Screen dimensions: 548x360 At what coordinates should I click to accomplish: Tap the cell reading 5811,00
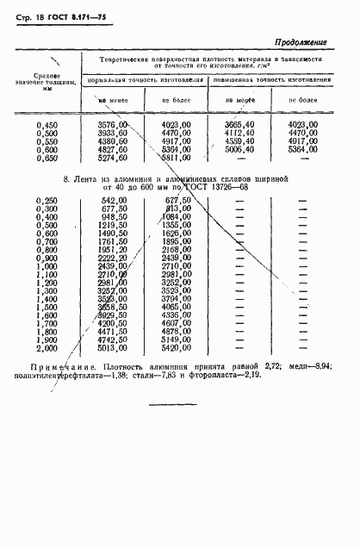[182, 158]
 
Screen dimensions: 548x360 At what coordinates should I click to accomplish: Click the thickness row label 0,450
[47, 126]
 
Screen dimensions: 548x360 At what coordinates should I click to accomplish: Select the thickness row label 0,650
[47, 158]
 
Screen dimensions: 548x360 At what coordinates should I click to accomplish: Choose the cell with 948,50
[114, 216]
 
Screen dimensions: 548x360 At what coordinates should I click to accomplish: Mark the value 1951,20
[113, 249]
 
